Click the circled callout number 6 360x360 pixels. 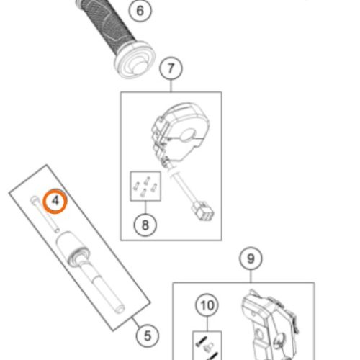pyautogui.click(x=140, y=11)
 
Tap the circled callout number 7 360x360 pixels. pyautogui.click(x=171, y=68)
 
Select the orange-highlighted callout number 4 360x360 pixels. pyautogui.click(x=55, y=201)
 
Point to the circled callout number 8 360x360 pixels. pyautogui.click(x=145, y=225)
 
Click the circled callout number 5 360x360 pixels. pyautogui.click(x=148, y=336)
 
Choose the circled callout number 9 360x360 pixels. pyautogui.click(x=251, y=258)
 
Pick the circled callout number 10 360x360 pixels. pyautogui.click(x=207, y=305)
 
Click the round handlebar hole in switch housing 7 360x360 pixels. pyautogui.click(x=189, y=135)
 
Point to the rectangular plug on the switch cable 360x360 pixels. pyautogui.click(x=203, y=211)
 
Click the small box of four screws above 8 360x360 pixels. pyautogui.click(x=145, y=186)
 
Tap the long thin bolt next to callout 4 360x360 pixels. pyautogui.click(x=45, y=214)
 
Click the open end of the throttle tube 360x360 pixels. pyautogui.click(x=120, y=308)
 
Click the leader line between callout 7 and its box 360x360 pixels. pyautogui.click(x=171, y=86)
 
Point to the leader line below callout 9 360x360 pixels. pyautogui.click(x=251, y=276)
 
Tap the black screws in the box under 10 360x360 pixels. pyautogui.click(x=207, y=346)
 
